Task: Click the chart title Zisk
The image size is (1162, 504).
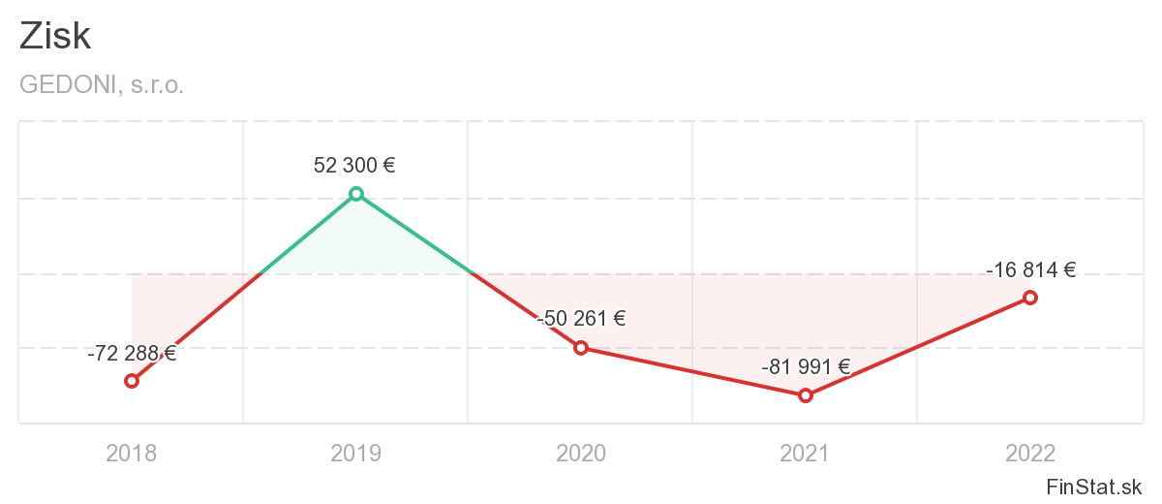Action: (55, 36)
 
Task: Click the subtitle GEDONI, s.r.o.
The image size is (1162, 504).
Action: (102, 84)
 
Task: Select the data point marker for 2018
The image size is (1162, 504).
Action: (132, 381)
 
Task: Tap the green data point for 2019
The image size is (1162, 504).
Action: (356, 194)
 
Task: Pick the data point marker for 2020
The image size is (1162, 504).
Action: (581, 348)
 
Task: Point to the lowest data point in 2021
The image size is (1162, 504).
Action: (805, 395)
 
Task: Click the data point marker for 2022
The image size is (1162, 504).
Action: (1030, 298)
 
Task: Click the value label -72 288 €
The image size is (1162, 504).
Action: (132, 354)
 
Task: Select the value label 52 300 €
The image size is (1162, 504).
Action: (354, 166)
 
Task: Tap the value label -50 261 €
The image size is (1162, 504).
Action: (581, 319)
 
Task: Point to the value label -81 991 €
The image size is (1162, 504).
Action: (806, 367)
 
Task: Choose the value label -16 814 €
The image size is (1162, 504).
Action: (1031, 270)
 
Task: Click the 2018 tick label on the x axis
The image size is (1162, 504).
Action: (132, 453)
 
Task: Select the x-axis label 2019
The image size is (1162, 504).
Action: (356, 453)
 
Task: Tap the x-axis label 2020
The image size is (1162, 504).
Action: (581, 453)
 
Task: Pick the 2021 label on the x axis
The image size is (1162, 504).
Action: (806, 453)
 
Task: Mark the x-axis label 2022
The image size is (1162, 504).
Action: (1030, 453)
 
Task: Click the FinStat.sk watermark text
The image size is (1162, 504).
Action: (1094, 486)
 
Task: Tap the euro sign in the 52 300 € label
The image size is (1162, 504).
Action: (388, 166)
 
